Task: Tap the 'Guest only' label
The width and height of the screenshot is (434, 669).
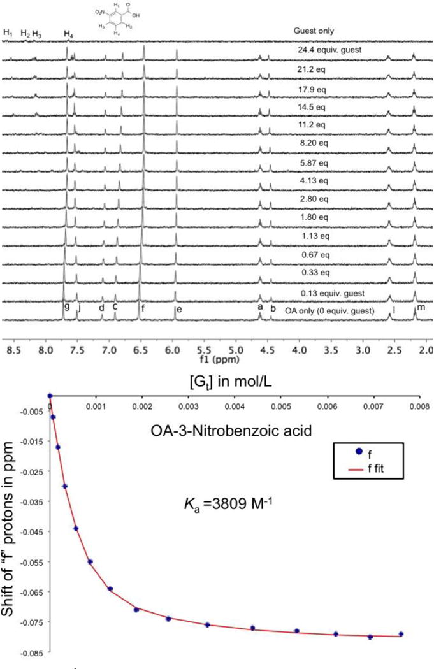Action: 314,31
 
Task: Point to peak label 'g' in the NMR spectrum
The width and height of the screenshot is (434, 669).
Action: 67,306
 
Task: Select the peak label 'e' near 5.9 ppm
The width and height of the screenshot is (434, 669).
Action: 180,309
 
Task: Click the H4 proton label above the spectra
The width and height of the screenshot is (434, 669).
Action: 68,33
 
